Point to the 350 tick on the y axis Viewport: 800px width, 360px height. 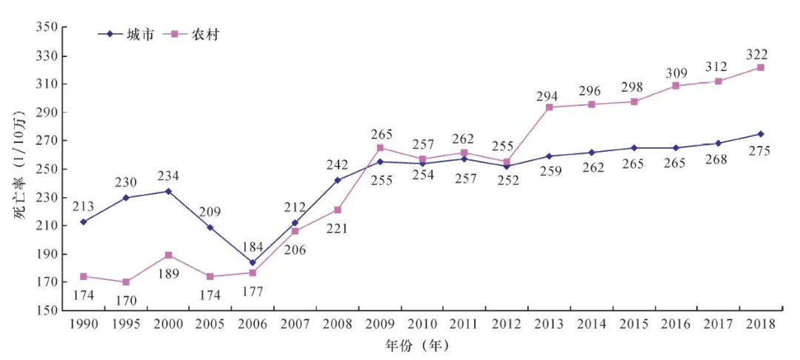click(x=47, y=27)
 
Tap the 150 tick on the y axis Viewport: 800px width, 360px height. click(x=47, y=310)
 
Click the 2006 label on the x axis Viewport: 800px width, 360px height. click(x=253, y=324)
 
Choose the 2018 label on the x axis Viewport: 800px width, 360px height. click(x=761, y=324)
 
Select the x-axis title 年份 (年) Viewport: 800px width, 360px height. click(x=417, y=345)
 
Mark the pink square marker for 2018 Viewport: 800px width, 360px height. click(x=761, y=67)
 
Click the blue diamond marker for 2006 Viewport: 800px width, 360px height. click(x=253, y=262)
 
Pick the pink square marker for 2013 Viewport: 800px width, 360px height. click(x=550, y=107)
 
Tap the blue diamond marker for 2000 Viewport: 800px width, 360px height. click(x=168, y=191)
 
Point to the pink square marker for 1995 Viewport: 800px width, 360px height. click(x=126, y=282)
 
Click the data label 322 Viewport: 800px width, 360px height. click(x=757, y=54)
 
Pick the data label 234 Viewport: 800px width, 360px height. click(x=167, y=176)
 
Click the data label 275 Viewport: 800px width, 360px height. click(x=760, y=151)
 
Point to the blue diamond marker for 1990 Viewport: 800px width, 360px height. click(x=83, y=221)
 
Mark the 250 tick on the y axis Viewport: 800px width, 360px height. click(x=47, y=169)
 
